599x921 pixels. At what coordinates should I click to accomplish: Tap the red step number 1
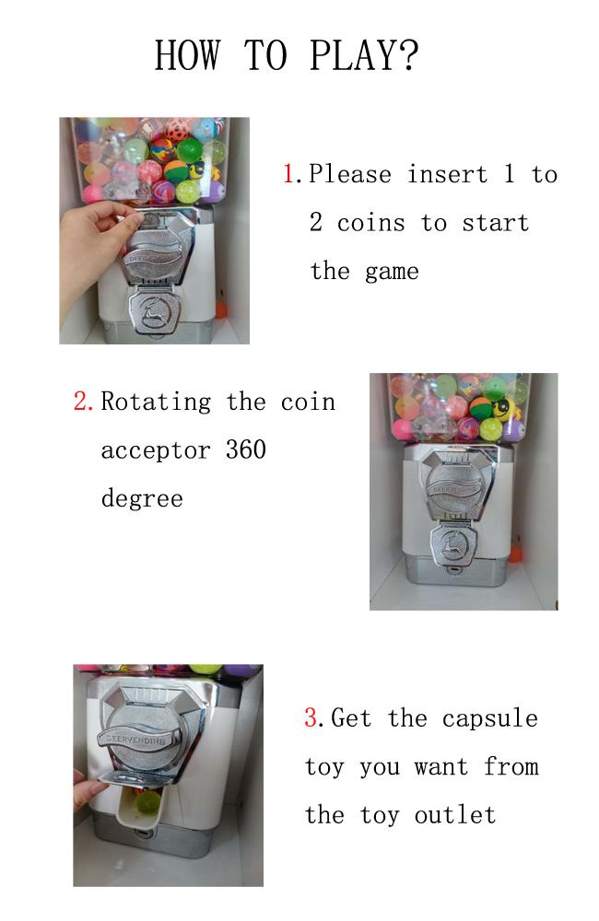[x=288, y=174]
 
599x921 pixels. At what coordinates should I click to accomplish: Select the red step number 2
[x=82, y=402]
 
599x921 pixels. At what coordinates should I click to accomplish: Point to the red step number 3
[x=311, y=718]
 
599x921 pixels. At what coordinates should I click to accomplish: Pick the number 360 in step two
[x=245, y=450]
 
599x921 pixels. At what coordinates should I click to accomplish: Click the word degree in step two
[x=141, y=499]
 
